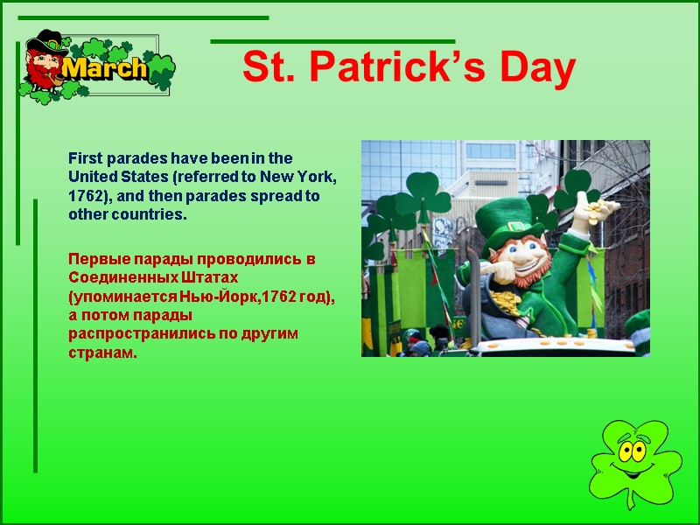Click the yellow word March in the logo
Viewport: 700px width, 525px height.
coord(105,68)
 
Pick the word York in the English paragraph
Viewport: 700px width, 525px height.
coord(320,177)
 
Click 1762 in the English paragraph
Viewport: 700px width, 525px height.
coord(83,195)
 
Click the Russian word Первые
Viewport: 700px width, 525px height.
coord(94,260)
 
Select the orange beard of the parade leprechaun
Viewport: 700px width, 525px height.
coord(525,277)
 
